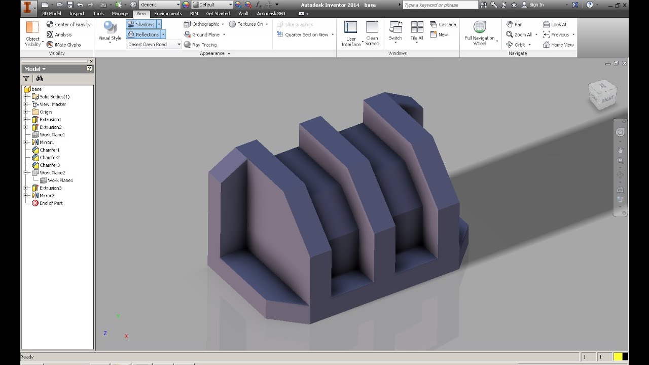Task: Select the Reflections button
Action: click(x=143, y=34)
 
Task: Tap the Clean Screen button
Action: click(x=372, y=33)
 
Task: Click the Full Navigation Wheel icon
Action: click(x=480, y=33)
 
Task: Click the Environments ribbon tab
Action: click(x=168, y=14)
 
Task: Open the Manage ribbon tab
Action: click(x=120, y=14)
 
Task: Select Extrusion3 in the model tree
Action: click(x=50, y=188)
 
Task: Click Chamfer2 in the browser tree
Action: click(x=49, y=158)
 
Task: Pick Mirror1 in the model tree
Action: click(x=47, y=142)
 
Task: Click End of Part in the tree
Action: click(x=51, y=203)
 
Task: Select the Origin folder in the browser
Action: click(x=46, y=112)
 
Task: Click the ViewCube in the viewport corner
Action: click(x=602, y=94)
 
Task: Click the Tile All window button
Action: click(x=417, y=31)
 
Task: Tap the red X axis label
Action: click(x=126, y=336)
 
